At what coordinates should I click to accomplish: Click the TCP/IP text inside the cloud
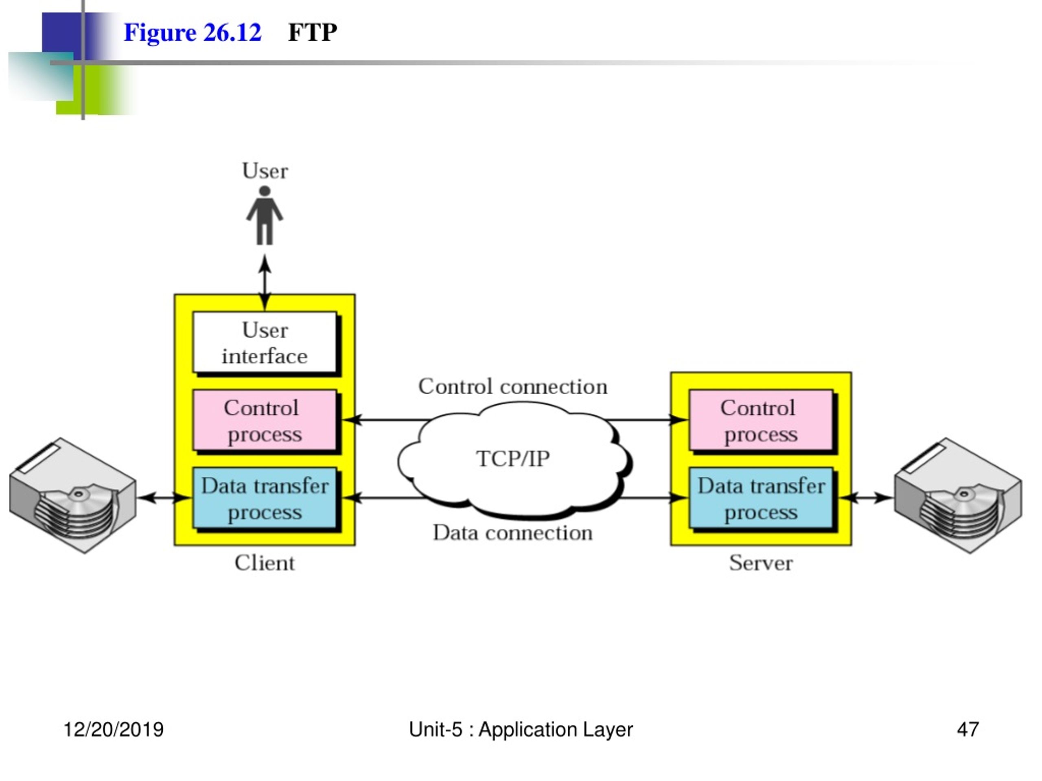click(512, 459)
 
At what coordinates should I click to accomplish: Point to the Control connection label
click(512, 386)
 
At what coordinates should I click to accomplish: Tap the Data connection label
click(512, 533)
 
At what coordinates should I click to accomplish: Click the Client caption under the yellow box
click(265, 563)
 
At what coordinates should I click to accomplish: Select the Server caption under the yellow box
click(761, 563)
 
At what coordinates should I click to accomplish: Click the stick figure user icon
click(265, 215)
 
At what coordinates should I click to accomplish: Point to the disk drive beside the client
click(73, 495)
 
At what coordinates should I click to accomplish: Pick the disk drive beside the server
click(958, 495)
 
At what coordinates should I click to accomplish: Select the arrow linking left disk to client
click(165, 497)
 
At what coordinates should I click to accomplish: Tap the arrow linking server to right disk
click(866, 497)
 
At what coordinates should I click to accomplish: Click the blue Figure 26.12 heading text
click(192, 33)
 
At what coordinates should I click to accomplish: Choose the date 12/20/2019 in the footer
click(114, 730)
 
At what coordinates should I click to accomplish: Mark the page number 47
click(968, 730)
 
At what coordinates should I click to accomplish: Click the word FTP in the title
click(313, 33)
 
